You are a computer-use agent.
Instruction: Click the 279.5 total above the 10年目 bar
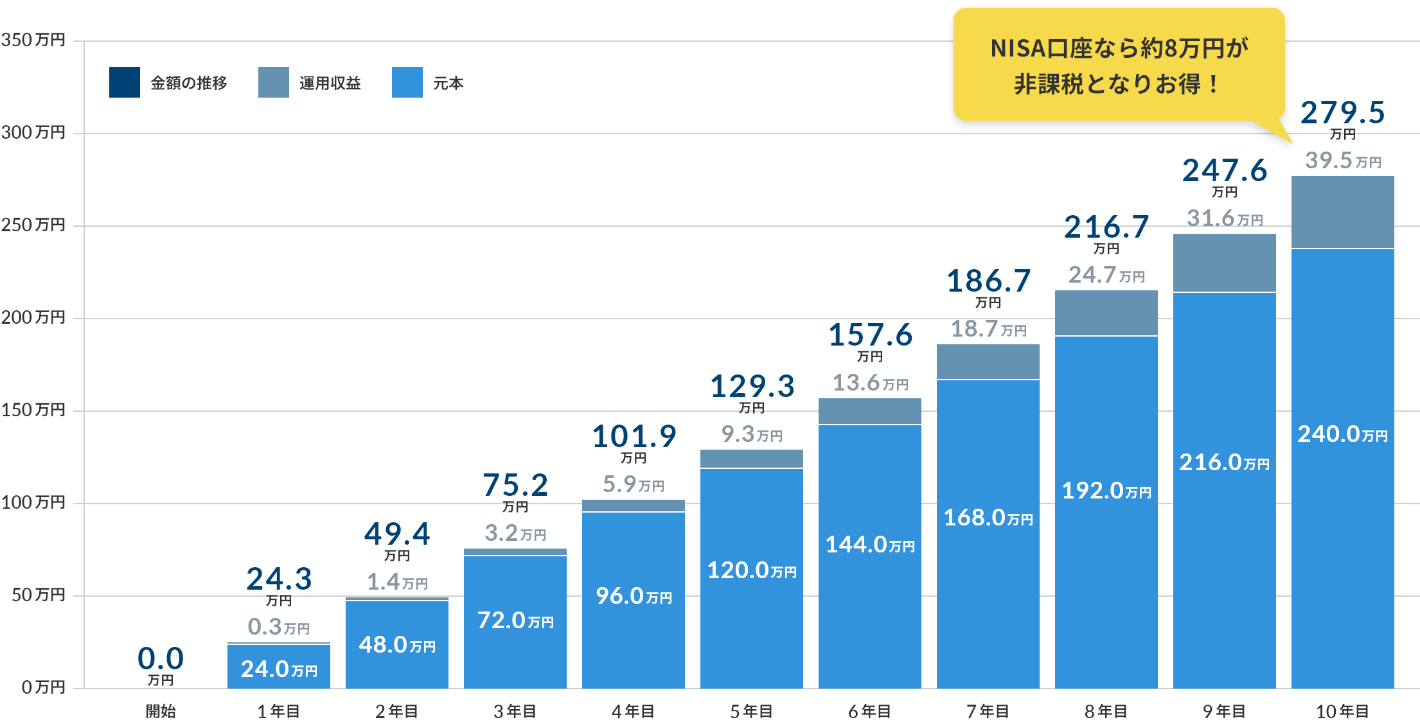(x=1342, y=113)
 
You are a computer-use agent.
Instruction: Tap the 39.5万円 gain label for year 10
(x=1342, y=161)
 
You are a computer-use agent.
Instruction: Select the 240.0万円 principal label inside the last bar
(x=1342, y=434)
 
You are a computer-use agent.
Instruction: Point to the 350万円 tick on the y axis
(x=33, y=40)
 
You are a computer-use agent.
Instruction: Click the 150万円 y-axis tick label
(x=33, y=410)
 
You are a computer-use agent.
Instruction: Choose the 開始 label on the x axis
(x=161, y=711)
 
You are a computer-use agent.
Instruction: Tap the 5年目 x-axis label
(x=751, y=711)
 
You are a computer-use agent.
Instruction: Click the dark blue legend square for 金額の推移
(x=124, y=82)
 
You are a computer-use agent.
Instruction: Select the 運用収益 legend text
(x=330, y=83)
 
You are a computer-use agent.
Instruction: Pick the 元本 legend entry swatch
(x=407, y=82)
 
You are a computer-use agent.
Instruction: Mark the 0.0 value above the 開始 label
(x=161, y=659)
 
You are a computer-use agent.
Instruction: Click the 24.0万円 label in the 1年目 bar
(x=278, y=669)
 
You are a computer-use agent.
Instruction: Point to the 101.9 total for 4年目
(x=634, y=437)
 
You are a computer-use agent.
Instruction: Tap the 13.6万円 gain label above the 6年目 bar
(x=869, y=383)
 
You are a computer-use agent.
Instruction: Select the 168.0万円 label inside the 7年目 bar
(x=988, y=518)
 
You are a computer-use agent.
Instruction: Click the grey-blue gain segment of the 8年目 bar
(x=1106, y=313)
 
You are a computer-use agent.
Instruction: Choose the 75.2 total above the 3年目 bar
(x=515, y=485)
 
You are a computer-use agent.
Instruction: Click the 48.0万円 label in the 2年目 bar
(x=396, y=645)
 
